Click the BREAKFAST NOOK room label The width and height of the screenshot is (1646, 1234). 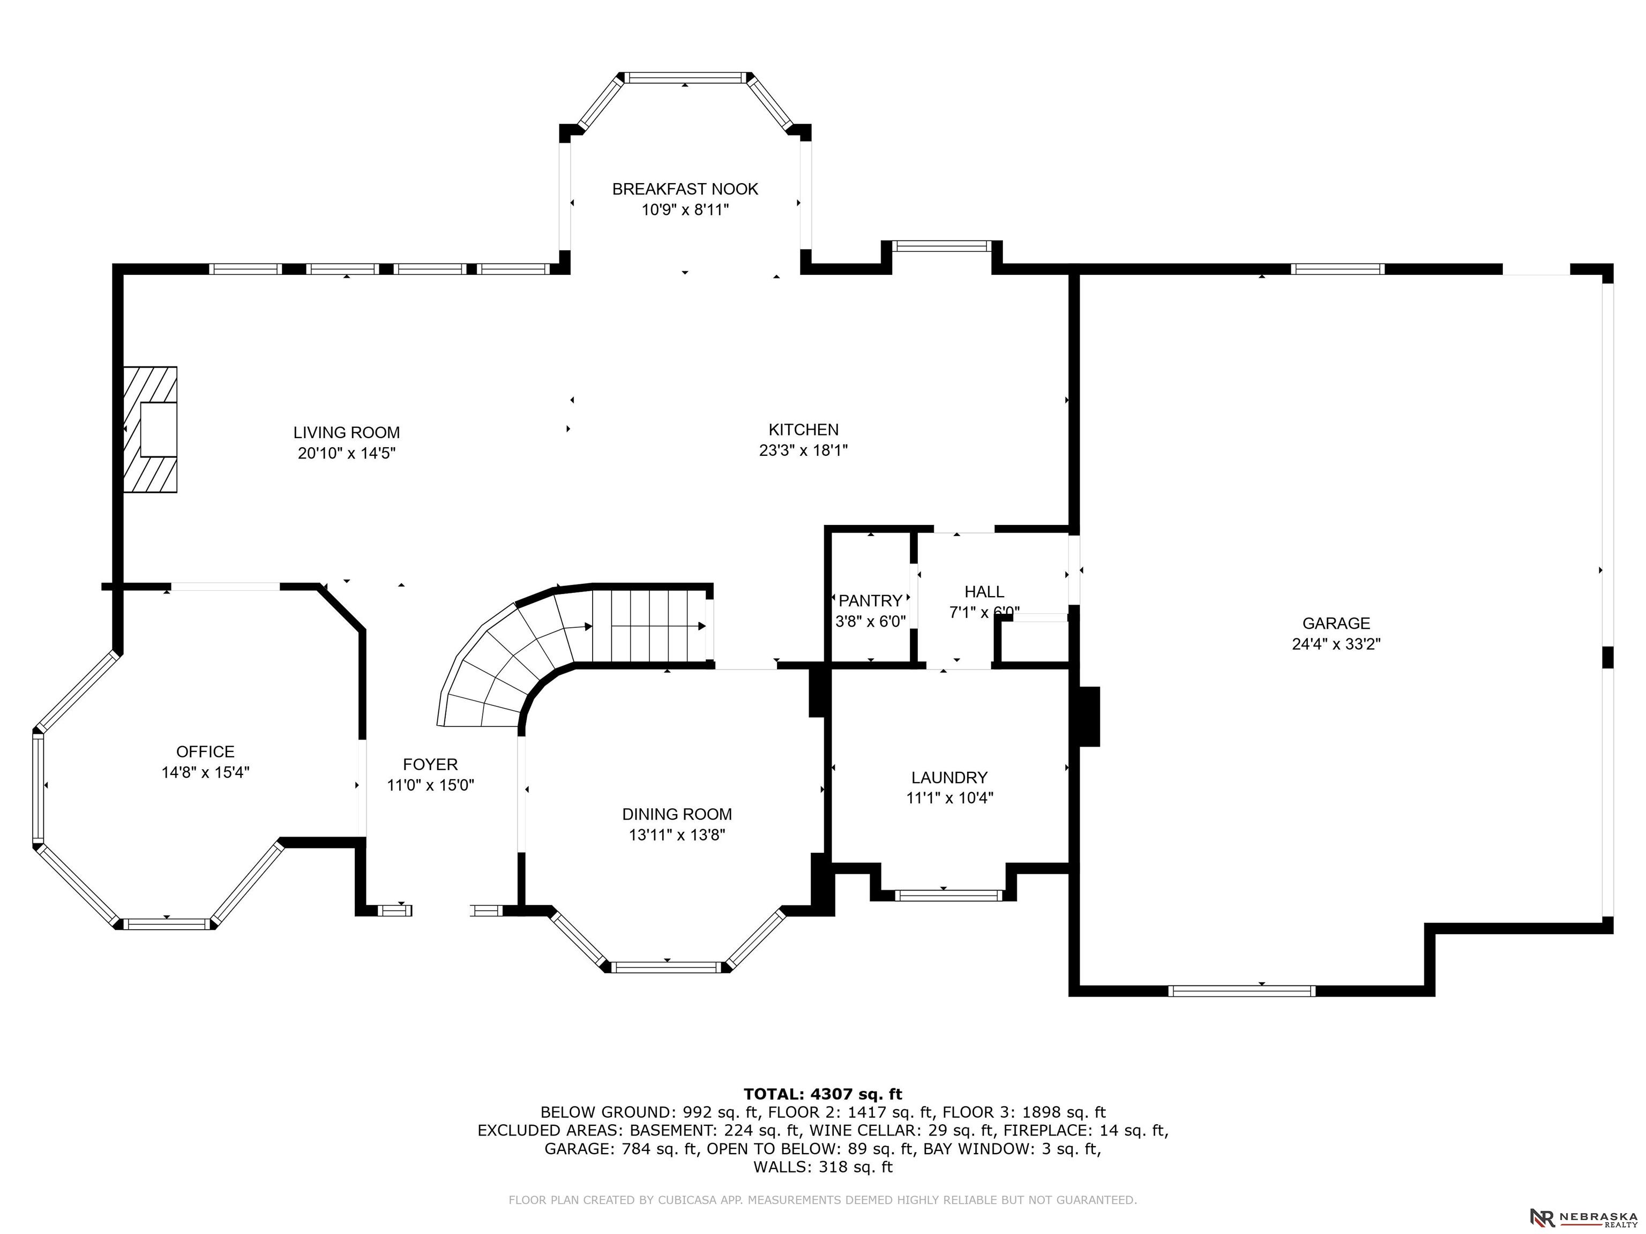point(685,189)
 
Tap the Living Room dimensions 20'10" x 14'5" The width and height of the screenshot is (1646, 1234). point(347,453)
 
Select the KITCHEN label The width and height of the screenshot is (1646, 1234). point(804,429)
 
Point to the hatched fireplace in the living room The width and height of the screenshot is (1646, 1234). point(151,429)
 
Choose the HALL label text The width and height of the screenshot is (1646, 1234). point(984,591)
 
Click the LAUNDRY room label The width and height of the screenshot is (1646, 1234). point(949,777)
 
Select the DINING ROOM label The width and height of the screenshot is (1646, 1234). point(677,814)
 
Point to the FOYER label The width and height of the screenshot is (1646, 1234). point(430,764)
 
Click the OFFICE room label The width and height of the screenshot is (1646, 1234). point(205,751)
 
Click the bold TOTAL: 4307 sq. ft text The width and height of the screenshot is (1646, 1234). point(822,1094)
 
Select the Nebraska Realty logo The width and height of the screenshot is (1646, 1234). point(1583,1217)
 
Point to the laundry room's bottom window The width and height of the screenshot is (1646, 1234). point(949,896)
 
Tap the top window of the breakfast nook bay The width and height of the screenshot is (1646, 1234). point(685,77)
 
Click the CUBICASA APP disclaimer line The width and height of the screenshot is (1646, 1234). point(822,1200)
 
